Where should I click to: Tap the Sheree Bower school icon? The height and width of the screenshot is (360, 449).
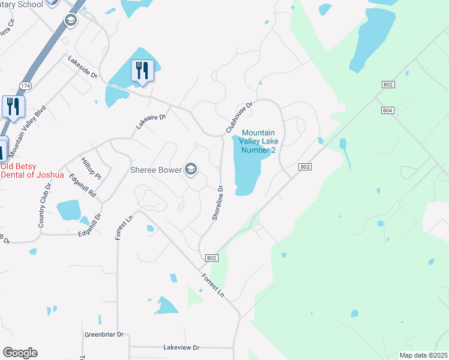(x=191, y=170)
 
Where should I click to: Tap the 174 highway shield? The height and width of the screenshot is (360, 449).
(x=25, y=86)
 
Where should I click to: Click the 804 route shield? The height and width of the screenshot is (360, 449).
(x=387, y=110)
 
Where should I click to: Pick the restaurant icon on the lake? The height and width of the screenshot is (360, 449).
(x=142, y=70)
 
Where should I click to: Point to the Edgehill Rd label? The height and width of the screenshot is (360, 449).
(x=83, y=185)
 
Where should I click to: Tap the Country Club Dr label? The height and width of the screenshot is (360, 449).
(x=46, y=205)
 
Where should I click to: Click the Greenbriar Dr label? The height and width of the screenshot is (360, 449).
(x=104, y=334)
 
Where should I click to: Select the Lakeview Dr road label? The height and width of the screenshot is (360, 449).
(x=181, y=347)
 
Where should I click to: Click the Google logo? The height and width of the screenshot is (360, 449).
(x=20, y=353)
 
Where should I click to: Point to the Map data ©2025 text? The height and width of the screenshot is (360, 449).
(x=423, y=355)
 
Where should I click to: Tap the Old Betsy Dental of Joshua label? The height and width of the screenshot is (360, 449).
(x=32, y=170)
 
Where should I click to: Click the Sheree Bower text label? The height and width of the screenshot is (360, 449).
(x=156, y=170)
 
